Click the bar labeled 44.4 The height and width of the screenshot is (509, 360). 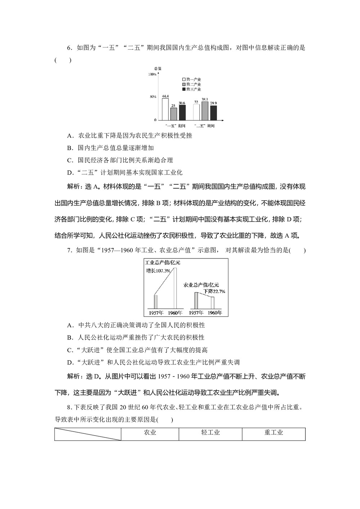165,109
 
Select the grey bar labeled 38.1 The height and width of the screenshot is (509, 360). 205,111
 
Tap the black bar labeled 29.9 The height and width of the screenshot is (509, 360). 213,113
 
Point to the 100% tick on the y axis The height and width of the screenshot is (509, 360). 152,74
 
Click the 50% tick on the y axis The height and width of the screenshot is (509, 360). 153,97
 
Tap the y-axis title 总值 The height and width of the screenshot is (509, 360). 157,68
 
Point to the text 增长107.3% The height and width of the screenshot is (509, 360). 158,271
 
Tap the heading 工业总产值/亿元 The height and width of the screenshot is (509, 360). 162,262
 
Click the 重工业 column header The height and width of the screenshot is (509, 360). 274,433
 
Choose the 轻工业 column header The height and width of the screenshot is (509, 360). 211,433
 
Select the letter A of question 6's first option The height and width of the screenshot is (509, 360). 70,136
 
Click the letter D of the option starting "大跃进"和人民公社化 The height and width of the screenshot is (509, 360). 70,362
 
